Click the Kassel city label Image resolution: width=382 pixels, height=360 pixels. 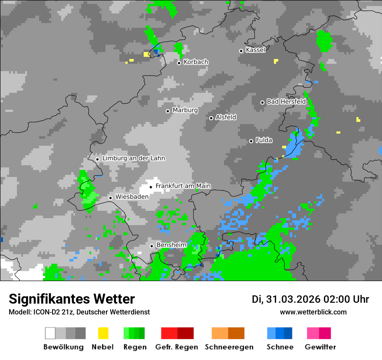tap(255, 50)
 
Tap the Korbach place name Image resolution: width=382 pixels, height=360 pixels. tap(196, 62)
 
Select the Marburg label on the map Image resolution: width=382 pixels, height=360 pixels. tap(185, 110)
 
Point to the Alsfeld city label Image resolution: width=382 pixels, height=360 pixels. tap(226, 117)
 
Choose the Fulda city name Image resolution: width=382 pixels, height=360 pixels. tap(264, 140)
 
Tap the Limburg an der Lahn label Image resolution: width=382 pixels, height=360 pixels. tap(134, 158)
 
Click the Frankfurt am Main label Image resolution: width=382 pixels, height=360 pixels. tap(183, 186)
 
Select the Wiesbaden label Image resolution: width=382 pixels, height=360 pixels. tap(132, 196)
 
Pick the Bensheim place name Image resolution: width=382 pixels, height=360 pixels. tap(171, 245)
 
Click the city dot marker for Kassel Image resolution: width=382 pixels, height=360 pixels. tap(241, 51)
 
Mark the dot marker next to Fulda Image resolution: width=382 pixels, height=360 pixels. tap(251, 141)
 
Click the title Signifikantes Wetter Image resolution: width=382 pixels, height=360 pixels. tap(72, 299)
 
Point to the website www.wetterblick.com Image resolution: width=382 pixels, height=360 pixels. tap(313, 312)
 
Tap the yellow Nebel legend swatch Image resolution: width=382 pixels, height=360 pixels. tap(103, 333)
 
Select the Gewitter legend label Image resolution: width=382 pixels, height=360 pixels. tap(320, 347)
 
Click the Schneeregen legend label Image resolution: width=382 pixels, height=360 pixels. tap(228, 347)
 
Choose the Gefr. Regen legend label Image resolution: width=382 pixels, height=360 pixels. tap(177, 347)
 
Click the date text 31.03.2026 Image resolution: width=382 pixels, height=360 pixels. tap(293, 299)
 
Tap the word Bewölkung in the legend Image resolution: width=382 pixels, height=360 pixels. tap(63, 347)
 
